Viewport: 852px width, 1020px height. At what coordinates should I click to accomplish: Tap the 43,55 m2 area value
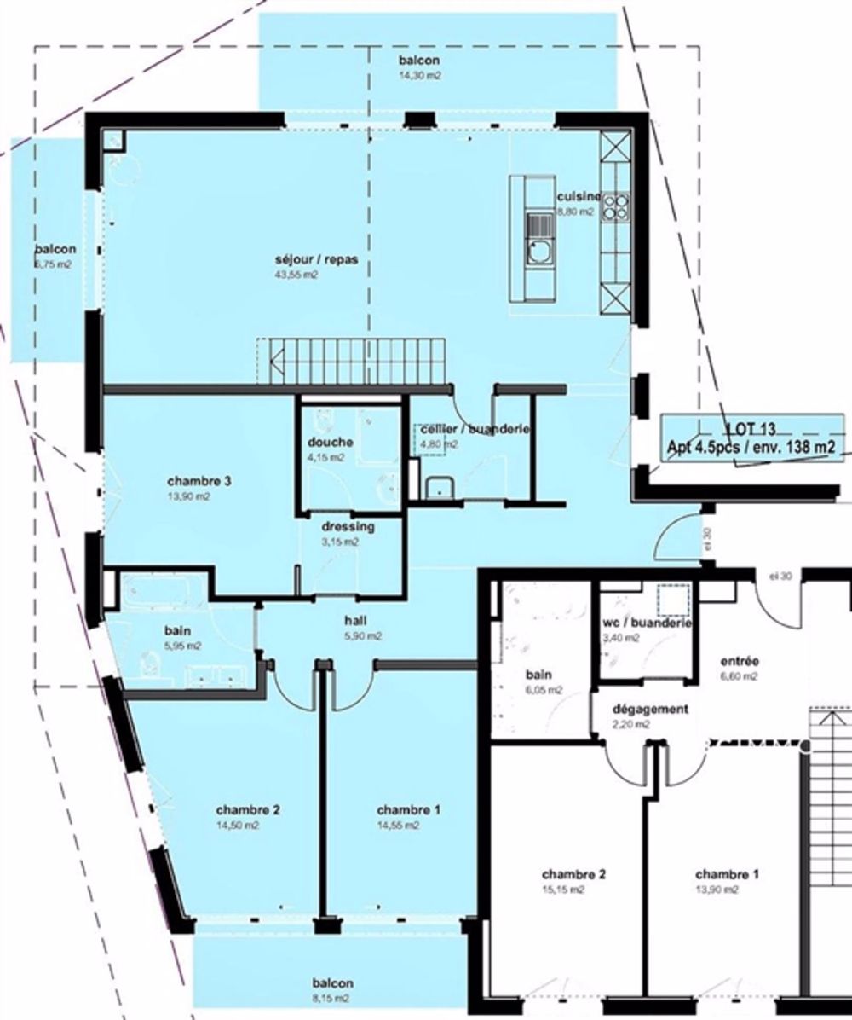point(296,275)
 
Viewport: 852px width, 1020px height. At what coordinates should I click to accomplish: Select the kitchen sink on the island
point(539,251)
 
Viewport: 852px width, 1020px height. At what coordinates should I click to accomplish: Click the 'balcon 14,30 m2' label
point(418,67)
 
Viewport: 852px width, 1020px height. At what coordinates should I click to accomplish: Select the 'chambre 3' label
point(199,481)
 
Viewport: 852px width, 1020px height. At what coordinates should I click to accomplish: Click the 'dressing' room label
point(348,526)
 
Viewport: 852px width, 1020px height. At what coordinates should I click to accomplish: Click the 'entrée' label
point(739,661)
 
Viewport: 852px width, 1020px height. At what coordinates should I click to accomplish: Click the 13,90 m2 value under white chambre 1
point(717,890)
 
